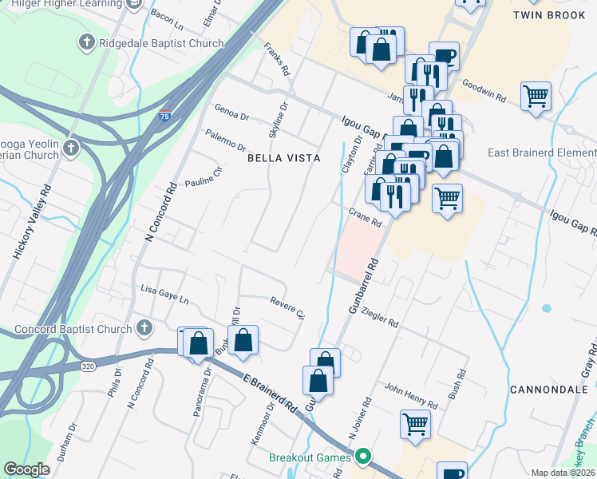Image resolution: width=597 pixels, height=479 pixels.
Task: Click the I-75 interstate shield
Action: [165, 115]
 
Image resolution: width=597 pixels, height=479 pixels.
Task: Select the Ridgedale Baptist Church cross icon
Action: [85, 42]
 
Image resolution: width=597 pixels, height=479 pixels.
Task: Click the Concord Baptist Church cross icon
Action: [144, 328]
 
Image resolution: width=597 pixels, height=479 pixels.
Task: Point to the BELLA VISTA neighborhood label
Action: [283, 158]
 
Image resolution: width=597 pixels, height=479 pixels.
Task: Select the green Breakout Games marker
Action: [364, 457]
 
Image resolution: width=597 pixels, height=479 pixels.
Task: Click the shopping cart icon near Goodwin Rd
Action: [536, 97]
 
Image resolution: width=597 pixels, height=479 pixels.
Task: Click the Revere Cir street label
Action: [288, 308]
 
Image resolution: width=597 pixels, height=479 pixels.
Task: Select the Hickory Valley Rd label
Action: [33, 222]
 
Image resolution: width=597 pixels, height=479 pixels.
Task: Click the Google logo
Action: [27, 469]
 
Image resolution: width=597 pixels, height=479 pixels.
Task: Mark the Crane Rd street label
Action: [366, 216]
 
